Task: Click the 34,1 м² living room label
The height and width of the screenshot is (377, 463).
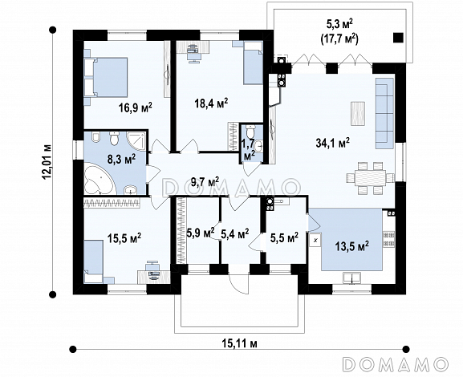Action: pos(333,143)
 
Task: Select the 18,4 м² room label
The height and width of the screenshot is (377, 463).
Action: pos(211,103)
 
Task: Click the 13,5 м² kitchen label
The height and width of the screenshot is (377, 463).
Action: pos(352,245)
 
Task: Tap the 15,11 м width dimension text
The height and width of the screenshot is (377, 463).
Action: pos(239,343)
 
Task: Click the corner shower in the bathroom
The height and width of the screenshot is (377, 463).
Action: pos(136,141)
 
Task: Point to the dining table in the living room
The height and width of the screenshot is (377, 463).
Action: pos(370,177)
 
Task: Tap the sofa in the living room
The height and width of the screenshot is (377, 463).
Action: pos(384,113)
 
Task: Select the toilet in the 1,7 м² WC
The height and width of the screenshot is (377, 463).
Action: pos(250,130)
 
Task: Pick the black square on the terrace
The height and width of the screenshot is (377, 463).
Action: pos(398,38)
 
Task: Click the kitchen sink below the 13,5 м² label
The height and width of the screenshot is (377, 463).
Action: pos(351,278)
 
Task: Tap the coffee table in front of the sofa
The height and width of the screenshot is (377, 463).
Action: pos(358,114)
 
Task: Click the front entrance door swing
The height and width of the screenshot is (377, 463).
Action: pos(238,283)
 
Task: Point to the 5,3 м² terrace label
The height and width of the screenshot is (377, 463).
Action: pos(339,25)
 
